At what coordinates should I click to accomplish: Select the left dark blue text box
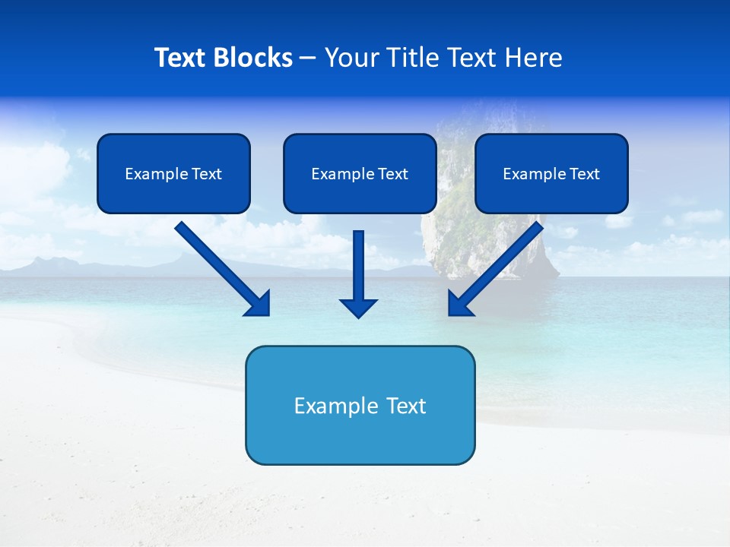point(173,174)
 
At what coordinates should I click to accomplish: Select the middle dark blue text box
point(360,174)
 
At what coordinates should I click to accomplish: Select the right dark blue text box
point(551,174)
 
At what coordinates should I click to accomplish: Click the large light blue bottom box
point(360,406)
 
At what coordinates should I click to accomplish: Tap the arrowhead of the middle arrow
point(358,307)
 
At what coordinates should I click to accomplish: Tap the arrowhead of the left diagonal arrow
point(258,303)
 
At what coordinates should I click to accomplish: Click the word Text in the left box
point(206,174)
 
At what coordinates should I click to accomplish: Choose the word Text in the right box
point(584,174)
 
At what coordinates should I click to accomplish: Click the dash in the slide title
point(308,58)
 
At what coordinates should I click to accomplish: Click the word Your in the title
point(350,58)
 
